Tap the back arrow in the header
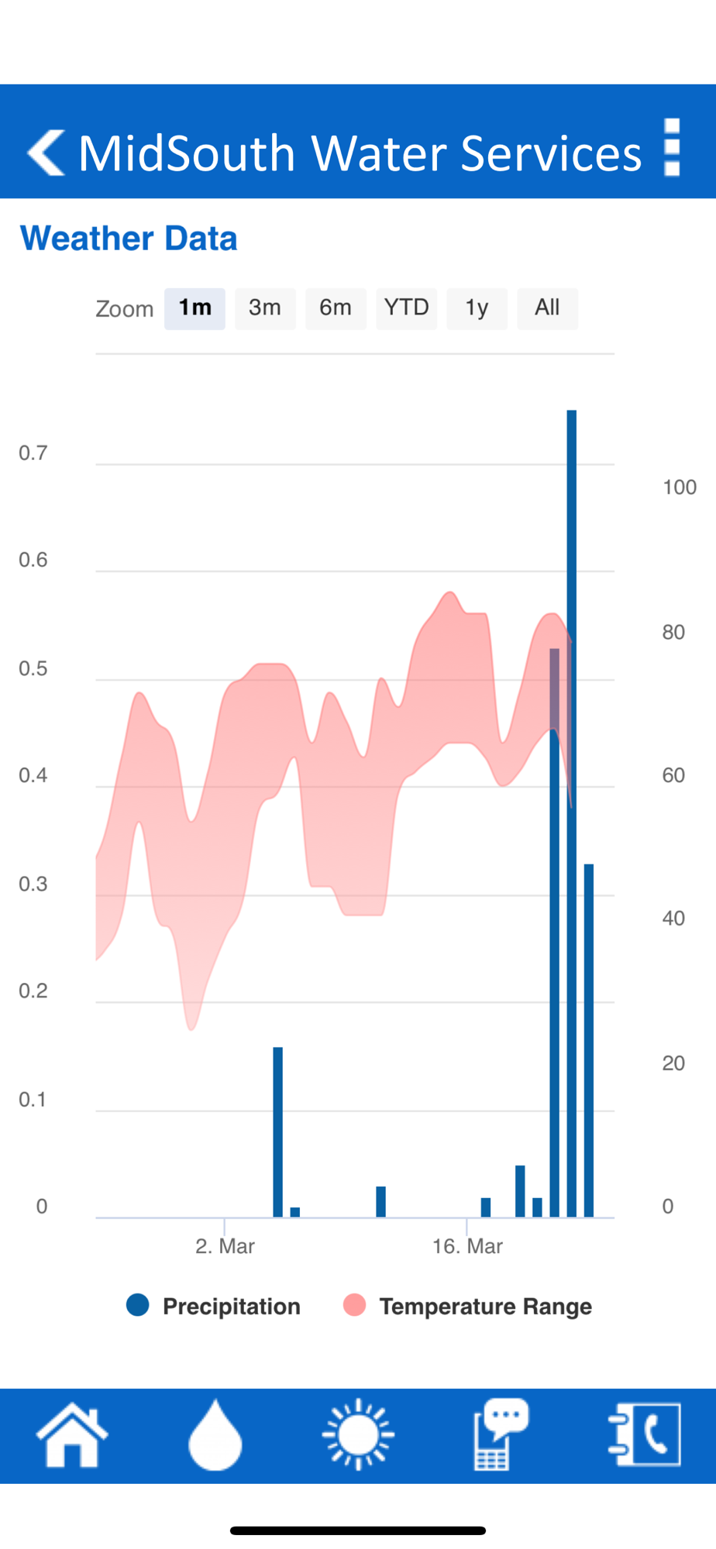(46, 153)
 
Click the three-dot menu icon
(672, 147)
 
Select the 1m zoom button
(194, 308)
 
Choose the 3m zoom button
(265, 308)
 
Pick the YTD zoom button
(406, 308)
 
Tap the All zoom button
(547, 308)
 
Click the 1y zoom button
(477, 308)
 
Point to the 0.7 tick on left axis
(33, 453)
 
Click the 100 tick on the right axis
(679, 487)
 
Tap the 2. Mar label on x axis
(225, 1246)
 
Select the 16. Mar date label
(467, 1246)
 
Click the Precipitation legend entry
(214, 1306)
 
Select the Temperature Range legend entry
(468, 1306)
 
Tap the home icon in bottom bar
(72, 1434)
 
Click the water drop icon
(215, 1434)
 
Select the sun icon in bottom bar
(358, 1434)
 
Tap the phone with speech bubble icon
(501, 1434)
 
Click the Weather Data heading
(129, 239)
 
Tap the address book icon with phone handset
(645, 1434)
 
